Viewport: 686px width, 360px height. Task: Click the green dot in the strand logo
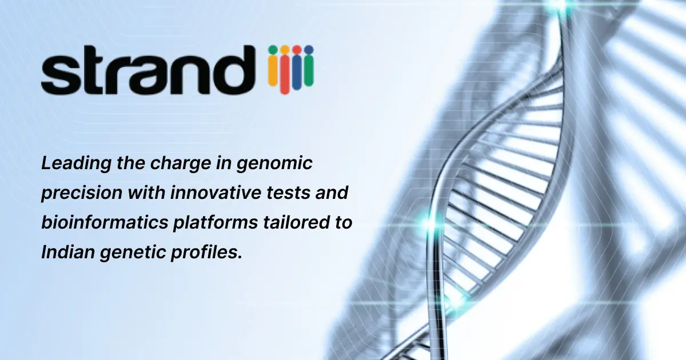pyautogui.click(x=273, y=49)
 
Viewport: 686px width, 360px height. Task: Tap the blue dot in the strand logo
pyautogui.click(x=308, y=49)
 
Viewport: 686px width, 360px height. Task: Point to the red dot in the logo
pyautogui.click(x=296, y=49)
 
